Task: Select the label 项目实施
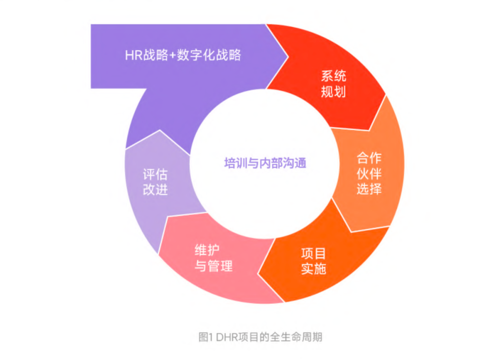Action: point(314,261)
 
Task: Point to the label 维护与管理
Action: point(213,258)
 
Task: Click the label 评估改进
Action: point(155,182)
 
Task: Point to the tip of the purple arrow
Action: point(288,57)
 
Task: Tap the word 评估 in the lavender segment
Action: point(155,174)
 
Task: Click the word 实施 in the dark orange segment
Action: point(314,268)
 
